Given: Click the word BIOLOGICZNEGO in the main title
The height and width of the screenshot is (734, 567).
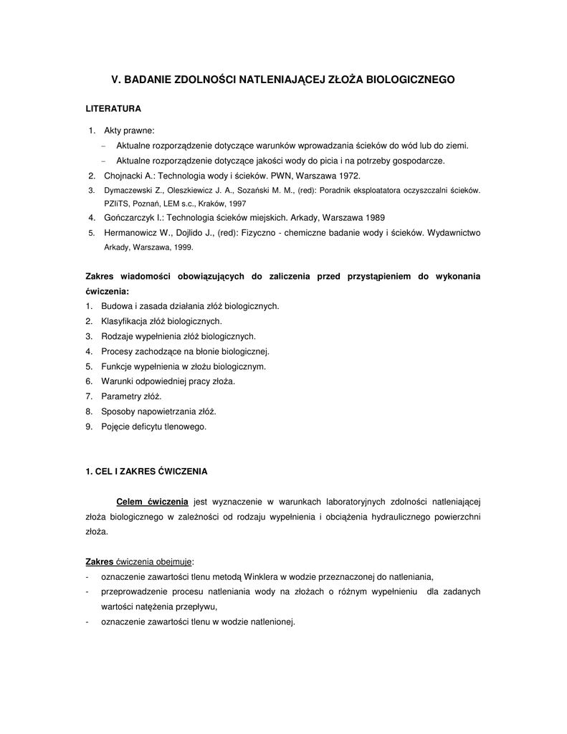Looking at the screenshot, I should pos(409,80).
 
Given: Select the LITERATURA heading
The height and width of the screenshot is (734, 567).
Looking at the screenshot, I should pos(113,109).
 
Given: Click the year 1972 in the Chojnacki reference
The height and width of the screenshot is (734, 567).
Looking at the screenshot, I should pos(351,176).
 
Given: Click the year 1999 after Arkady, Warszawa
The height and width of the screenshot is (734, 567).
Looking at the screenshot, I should pos(183,247).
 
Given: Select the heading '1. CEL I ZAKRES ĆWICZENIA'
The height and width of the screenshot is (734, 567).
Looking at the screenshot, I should pos(146,472).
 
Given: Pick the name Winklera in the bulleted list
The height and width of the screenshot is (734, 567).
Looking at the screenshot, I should pos(264,576).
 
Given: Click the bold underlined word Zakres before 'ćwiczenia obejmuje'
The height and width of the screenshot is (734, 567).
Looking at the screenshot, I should pos(99,561).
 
